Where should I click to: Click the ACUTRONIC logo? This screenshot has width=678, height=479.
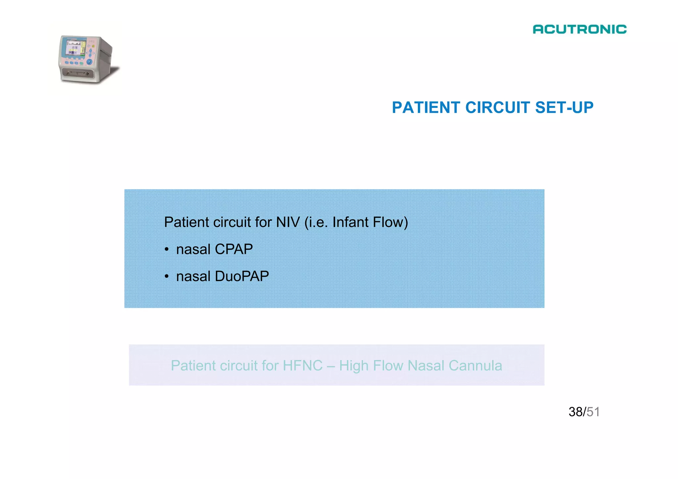pyautogui.click(x=579, y=29)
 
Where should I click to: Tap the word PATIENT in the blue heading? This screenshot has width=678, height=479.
pyautogui.click(x=426, y=108)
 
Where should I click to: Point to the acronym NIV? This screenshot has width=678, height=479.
pyautogui.click(x=288, y=222)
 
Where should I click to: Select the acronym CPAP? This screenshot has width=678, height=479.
pyautogui.click(x=234, y=249)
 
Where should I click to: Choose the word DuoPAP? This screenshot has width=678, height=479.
pyautogui.click(x=242, y=276)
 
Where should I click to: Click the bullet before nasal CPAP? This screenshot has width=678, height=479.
pyautogui.click(x=167, y=250)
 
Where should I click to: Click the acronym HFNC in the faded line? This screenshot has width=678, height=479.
pyautogui.click(x=303, y=366)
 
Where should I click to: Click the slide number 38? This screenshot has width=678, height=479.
pyautogui.click(x=576, y=412)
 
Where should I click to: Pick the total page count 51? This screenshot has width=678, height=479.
pyautogui.click(x=593, y=412)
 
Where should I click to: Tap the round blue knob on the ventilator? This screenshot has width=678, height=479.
pyautogui.click(x=89, y=62)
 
